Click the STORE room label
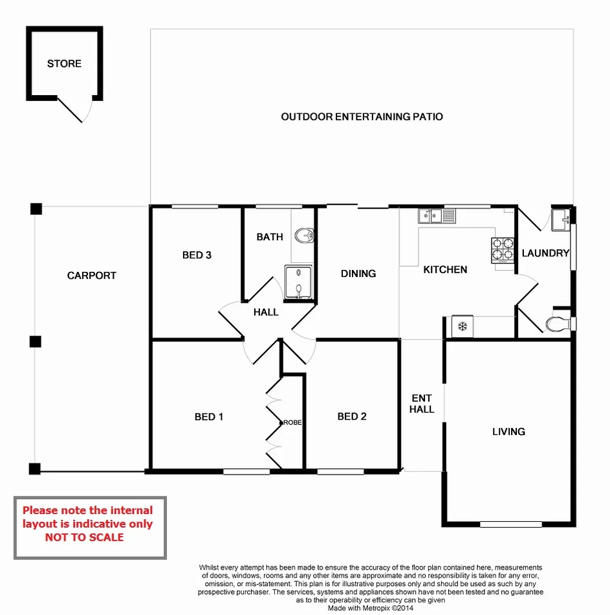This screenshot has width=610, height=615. pyautogui.click(x=64, y=63)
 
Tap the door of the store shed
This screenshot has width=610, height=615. pyautogui.click(x=71, y=111)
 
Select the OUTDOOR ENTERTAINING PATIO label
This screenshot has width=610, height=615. pyautogui.click(x=362, y=117)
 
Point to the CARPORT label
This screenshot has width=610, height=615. pyautogui.click(x=92, y=275)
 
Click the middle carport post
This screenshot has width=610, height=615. pyautogui.click(x=36, y=341)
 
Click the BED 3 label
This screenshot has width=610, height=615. pyautogui.click(x=197, y=255)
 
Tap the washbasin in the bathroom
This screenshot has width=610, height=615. pyautogui.click(x=304, y=236)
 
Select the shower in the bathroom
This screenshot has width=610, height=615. pyautogui.click(x=298, y=282)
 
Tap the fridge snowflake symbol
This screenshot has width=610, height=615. pyautogui.click(x=463, y=326)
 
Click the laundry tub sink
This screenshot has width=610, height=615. pyautogui.click(x=560, y=217)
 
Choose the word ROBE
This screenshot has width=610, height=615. pyautogui.click(x=292, y=422)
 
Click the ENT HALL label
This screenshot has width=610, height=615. pyautogui.click(x=421, y=404)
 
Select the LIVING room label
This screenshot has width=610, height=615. pyautogui.click(x=508, y=431)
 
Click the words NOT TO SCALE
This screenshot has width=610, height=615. pyautogui.click(x=84, y=537)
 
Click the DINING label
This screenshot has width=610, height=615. pyautogui.click(x=358, y=273)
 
